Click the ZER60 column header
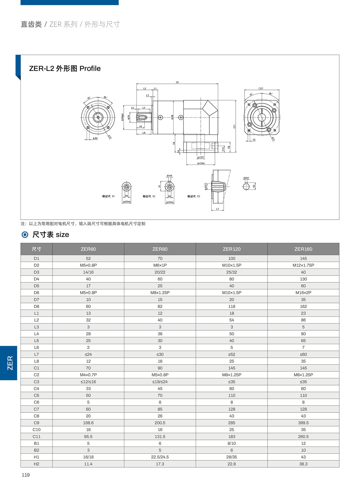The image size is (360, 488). click(x=88, y=249)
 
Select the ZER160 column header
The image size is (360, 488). click(x=303, y=249)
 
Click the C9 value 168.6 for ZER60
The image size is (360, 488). click(x=88, y=423)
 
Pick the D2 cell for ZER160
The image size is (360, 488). click(x=303, y=265)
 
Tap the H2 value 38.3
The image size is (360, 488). click(x=303, y=464)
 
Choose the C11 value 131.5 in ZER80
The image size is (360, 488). click(x=160, y=437)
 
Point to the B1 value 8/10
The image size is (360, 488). click(x=232, y=443)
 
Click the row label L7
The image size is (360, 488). click(x=36, y=354)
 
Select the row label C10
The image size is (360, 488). click(x=36, y=430)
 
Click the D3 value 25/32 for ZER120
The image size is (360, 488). click(x=232, y=272)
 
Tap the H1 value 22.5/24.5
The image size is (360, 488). click(x=160, y=457)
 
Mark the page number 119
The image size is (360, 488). click(x=25, y=475)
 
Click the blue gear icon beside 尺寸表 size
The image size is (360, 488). click(x=25, y=235)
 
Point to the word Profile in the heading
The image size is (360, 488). click(x=90, y=69)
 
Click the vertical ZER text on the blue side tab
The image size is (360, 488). click(x=10, y=363)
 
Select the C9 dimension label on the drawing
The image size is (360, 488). click(x=177, y=82)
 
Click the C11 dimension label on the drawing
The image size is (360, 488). click(x=234, y=126)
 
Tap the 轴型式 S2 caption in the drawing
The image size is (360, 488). click(x=149, y=196)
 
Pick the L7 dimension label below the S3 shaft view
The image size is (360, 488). click(x=218, y=209)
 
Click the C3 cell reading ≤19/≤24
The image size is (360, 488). click(x=160, y=382)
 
